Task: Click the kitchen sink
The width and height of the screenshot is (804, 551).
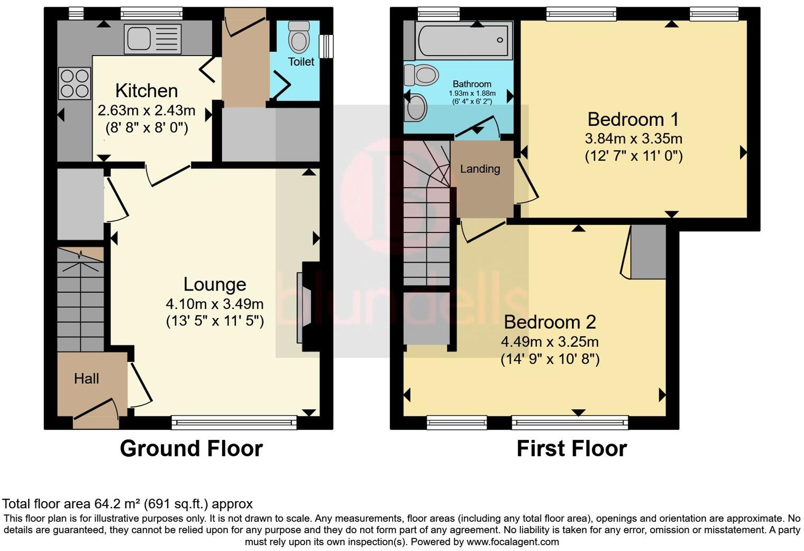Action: [152, 39]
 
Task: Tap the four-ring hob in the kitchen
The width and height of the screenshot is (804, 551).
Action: [75, 83]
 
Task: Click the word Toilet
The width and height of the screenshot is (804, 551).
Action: [301, 62]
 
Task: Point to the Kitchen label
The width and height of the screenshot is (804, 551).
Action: [147, 91]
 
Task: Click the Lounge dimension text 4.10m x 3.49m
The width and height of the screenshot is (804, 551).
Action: [215, 304]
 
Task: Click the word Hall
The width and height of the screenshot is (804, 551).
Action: [87, 378]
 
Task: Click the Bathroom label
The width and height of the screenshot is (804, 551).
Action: [472, 84]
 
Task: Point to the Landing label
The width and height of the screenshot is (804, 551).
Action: [480, 168]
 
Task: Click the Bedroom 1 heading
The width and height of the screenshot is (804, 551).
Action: [634, 119]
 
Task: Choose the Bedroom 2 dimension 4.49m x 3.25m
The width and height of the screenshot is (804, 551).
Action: [550, 341]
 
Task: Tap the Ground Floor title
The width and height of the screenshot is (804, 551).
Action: [191, 449]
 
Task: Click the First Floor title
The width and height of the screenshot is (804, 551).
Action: [572, 449]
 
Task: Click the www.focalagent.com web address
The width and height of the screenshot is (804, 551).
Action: [513, 542]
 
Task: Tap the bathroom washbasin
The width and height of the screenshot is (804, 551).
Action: [416, 107]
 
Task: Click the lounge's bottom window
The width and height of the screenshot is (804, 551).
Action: [234, 422]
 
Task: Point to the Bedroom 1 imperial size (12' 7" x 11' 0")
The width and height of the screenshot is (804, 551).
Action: [634, 156]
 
